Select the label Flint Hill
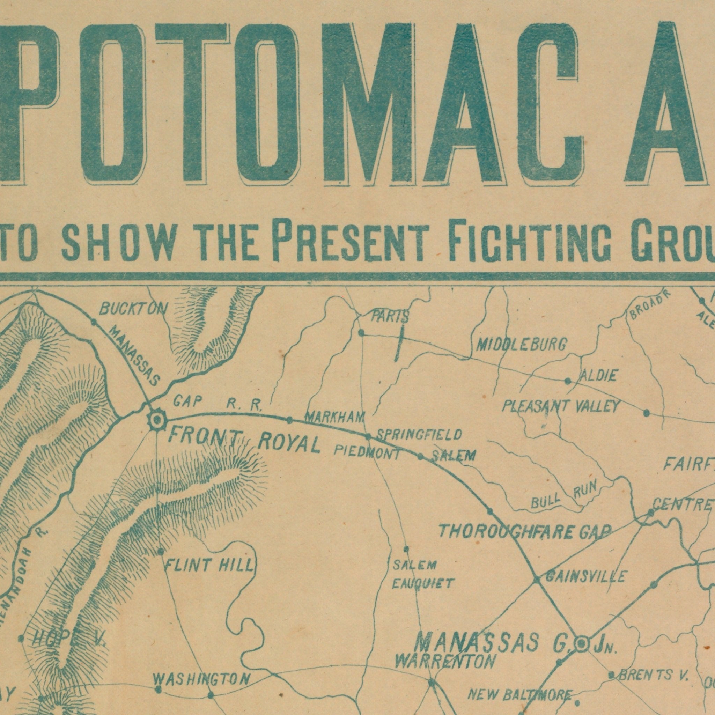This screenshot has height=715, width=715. [209, 565]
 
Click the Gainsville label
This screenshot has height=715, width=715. [586, 576]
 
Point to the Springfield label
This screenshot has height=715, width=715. [419, 434]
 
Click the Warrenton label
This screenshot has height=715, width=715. [445, 662]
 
